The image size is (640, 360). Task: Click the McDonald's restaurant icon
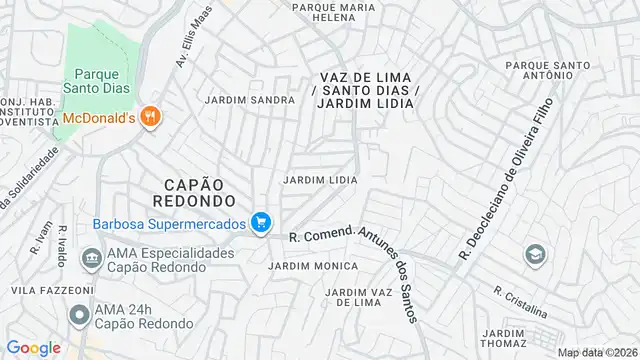tap(151, 117)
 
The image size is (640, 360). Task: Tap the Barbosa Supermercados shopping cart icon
tap(261, 222)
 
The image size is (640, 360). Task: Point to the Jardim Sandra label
tap(250, 100)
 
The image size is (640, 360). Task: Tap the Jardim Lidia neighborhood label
tap(321, 180)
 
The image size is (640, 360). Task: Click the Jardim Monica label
tap(313, 266)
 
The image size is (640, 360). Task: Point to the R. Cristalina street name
tap(520, 297)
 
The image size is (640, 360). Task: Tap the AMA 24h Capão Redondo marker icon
tap(78, 315)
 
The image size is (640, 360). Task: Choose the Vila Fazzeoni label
tap(38, 289)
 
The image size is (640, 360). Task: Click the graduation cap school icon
tap(535, 255)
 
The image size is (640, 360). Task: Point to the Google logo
tap(33, 348)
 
